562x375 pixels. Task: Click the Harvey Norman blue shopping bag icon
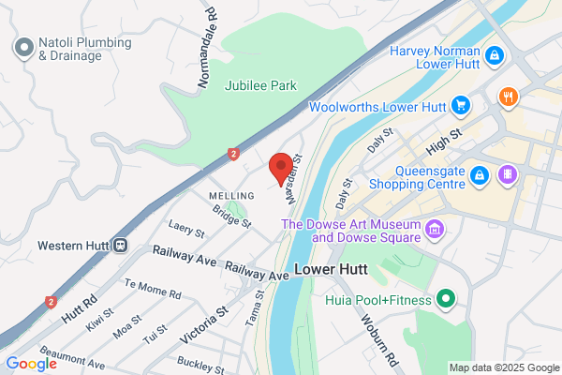pyautogui.click(x=495, y=56)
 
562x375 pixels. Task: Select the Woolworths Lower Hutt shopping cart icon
pyautogui.click(x=460, y=105)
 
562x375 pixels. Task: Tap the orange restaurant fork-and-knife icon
pyautogui.click(x=509, y=96)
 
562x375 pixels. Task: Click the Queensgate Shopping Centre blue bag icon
pyautogui.click(x=480, y=175)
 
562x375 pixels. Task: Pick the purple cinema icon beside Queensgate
pyautogui.click(x=507, y=174)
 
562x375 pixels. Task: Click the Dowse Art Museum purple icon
pyautogui.click(x=434, y=229)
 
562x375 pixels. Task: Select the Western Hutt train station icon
pyautogui.click(x=121, y=246)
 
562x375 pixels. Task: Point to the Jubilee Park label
pyautogui.click(x=260, y=85)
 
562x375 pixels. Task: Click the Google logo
pyautogui.click(x=32, y=364)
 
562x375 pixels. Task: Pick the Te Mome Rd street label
pyautogui.click(x=153, y=289)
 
